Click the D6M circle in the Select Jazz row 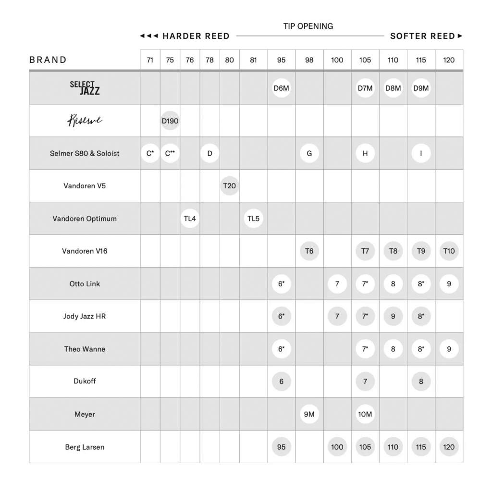[x=281, y=88]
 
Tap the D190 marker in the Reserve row [x=170, y=121]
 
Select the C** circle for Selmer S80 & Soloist [x=170, y=153]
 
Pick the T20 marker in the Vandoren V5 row [x=229, y=186]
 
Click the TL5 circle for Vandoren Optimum [x=253, y=219]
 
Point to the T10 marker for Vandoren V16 [x=449, y=251]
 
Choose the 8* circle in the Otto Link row [x=421, y=284]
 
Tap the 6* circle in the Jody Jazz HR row [x=281, y=317]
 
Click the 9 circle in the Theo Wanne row [x=449, y=349]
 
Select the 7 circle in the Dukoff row [x=365, y=381]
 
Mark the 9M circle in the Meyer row [x=309, y=414]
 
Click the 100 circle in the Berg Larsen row [x=337, y=447]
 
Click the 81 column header [x=253, y=60]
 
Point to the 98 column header [x=309, y=60]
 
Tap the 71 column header [x=150, y=60]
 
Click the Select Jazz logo [x=85, y=87]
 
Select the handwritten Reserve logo [x=85, y=121]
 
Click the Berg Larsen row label [x=85, y=447]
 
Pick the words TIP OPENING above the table [x=308, y=26]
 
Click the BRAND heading [x=48, y=60]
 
